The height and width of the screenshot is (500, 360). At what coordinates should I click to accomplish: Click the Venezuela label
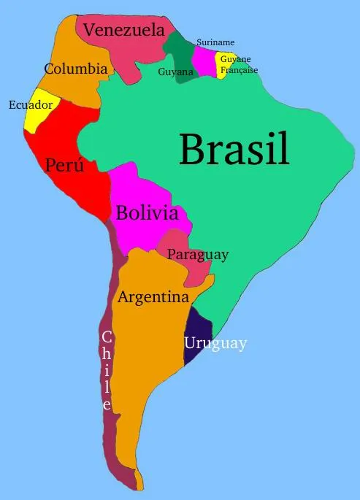123,30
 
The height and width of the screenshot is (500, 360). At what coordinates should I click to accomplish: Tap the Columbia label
76,69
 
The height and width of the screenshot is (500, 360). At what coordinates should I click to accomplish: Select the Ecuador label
30,105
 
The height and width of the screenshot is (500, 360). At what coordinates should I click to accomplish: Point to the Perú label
64,165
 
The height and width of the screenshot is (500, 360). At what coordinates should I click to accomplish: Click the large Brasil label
234,149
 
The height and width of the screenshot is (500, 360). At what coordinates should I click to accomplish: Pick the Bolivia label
147,213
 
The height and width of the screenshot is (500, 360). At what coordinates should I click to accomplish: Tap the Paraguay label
198,255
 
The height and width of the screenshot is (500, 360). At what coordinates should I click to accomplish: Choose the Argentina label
153,298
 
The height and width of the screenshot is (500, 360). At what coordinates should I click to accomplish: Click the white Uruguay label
215,343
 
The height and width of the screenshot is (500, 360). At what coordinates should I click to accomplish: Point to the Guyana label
175,72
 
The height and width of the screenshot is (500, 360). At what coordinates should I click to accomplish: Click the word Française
239,70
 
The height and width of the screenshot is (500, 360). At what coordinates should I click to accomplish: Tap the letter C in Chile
107,337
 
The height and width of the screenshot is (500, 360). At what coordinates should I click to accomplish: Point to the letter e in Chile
107,404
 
